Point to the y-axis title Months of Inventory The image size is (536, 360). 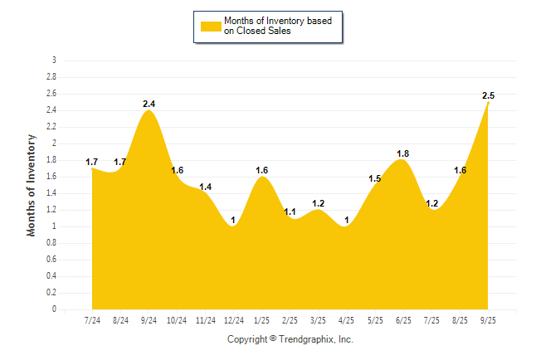click(32, 185)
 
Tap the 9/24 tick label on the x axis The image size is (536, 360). click(149, 320)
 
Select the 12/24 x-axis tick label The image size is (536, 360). click(234, 320)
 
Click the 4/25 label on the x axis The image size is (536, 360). click(347, 320)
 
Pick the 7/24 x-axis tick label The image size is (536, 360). click(93, 320)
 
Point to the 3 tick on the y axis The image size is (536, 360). click(54, 61)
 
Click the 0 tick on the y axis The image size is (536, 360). click(54, 309)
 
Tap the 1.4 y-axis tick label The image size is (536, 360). click(51, 193)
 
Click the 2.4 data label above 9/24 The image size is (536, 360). click(149, 104)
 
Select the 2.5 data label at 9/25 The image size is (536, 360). click(489, 95)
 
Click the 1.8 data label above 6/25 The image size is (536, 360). click(403, 153)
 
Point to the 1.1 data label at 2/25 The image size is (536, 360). click(290, 212)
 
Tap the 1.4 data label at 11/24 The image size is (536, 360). click(206, 187)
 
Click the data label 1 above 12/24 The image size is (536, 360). click(234, 220)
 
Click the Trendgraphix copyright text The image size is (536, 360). click(290, 339)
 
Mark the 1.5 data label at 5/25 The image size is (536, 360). click(375, 178)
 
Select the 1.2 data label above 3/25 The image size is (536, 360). click(319, 203)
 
